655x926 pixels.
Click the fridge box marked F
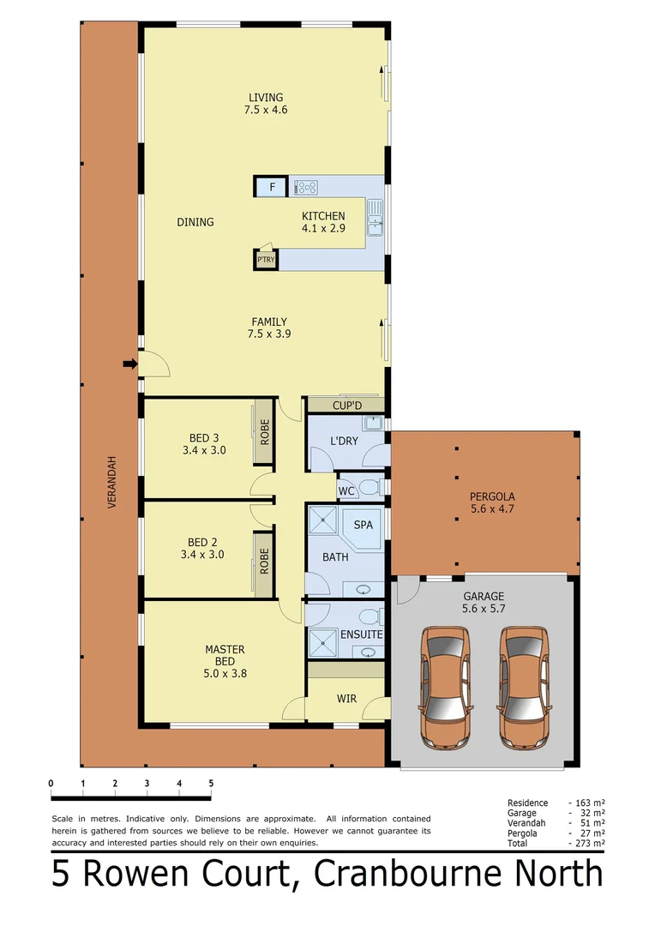pos(272,187)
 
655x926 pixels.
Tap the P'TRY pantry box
pos(266,258)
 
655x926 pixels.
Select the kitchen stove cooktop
pos(307,185)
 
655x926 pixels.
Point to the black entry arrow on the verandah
pos(129,364)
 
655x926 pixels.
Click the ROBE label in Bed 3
pos(265,430)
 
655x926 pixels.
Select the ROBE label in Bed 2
pos(265,562)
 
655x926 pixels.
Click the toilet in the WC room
pos(369,488)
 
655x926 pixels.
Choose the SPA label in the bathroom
pos(364,525)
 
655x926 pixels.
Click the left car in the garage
pos(446,686)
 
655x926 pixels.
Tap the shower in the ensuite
pos(324,640)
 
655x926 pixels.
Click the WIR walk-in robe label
pos(346,699)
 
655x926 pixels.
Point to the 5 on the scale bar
pos(211,783)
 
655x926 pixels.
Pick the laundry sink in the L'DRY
pos(372,424)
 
